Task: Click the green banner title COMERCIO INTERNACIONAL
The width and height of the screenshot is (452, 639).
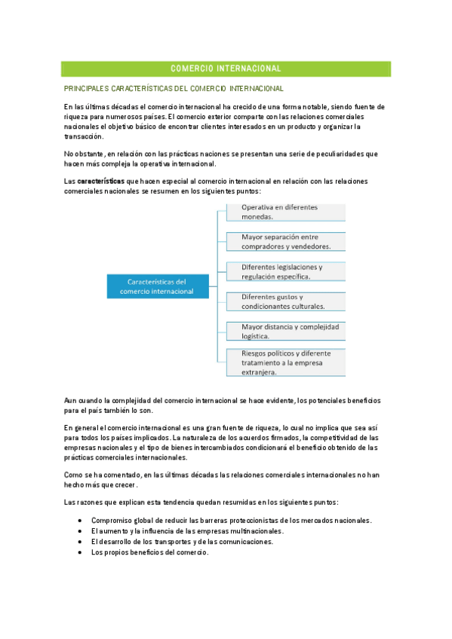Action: pos(226,69)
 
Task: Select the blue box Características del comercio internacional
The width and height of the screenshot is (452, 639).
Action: pos(156,286)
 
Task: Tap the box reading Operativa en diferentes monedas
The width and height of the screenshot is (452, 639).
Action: pos(285,211)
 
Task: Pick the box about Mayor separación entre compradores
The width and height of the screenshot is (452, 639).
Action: pos(285,241)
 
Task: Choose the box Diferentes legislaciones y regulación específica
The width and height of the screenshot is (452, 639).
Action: pos(285,271)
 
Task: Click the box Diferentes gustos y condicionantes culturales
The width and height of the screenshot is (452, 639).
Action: pos(285,301)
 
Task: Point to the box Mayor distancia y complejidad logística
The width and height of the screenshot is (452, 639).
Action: pos(285,332)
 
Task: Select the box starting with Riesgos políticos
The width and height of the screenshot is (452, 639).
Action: pos(285,362)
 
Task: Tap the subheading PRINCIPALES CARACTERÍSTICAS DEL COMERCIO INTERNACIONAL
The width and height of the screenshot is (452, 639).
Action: pos(174,89)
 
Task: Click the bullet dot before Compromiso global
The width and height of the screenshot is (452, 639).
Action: pos(81,521)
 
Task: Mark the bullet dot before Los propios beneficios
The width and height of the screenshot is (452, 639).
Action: pos(81,552)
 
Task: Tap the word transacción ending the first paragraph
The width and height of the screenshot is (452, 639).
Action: pos(84,136)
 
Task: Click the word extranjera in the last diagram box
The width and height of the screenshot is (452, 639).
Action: pos(259,371)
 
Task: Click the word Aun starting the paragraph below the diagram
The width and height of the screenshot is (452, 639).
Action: pos(71,400)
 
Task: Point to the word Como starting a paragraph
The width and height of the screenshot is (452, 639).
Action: pos(73,475)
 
